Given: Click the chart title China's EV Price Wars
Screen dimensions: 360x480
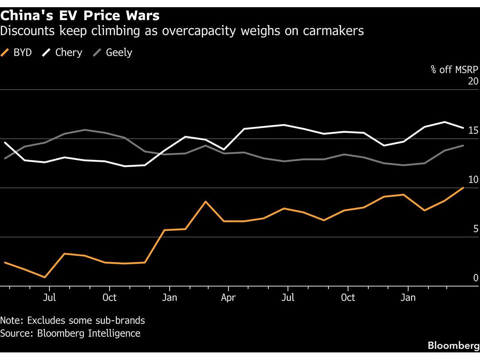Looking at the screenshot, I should tap(80, 16).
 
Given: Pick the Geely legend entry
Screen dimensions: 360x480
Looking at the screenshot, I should tap(114, 52).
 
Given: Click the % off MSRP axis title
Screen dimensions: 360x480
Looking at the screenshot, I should tap(454, 70).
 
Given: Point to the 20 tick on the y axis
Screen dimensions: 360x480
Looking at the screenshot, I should tap(473, 81).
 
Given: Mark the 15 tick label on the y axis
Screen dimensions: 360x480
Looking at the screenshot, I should tap(473, 130).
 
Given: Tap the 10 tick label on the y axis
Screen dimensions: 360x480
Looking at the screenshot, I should tap(473, 180).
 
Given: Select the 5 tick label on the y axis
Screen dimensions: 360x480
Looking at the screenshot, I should tap(475, 229).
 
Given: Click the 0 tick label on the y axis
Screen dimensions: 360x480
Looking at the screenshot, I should tap(475, 278).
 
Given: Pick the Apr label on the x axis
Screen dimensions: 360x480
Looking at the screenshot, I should tap(228, 298).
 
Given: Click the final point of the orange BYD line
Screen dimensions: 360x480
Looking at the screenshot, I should tap(463, 188).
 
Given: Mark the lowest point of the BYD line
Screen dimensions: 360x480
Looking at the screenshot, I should tap(45, 277).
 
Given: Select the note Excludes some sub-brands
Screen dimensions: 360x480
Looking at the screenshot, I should tap(72, 320).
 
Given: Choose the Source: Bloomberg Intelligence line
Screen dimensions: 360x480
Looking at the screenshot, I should tap(70, 333).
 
